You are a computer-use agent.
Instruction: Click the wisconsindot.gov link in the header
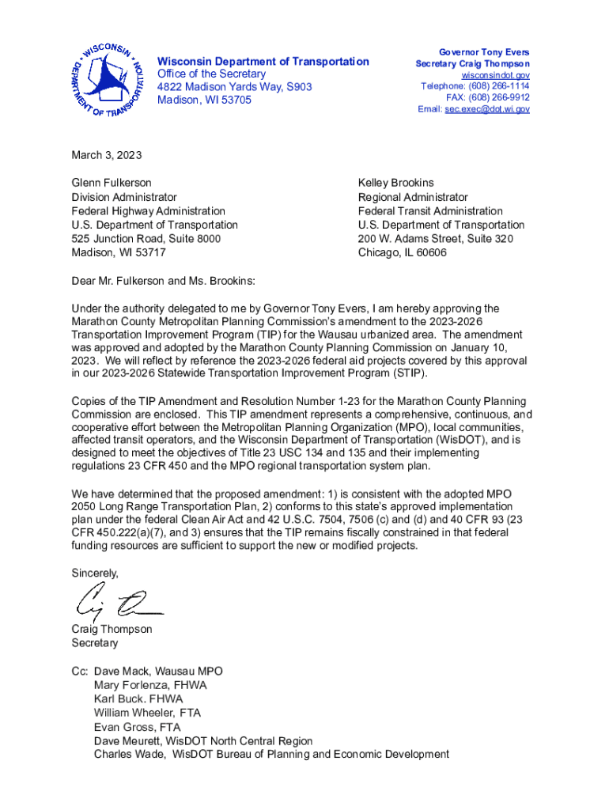point(495,75)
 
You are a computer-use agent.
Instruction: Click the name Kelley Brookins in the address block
point(395,183)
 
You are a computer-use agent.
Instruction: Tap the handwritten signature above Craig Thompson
point(119,604)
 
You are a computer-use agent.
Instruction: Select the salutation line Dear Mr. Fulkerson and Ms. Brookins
point(164,281)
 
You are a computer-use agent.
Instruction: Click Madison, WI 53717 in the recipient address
point(119,253)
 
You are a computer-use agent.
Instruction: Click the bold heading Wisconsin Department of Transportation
point(263,61)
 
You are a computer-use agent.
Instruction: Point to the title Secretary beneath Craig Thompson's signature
point(94,643)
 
